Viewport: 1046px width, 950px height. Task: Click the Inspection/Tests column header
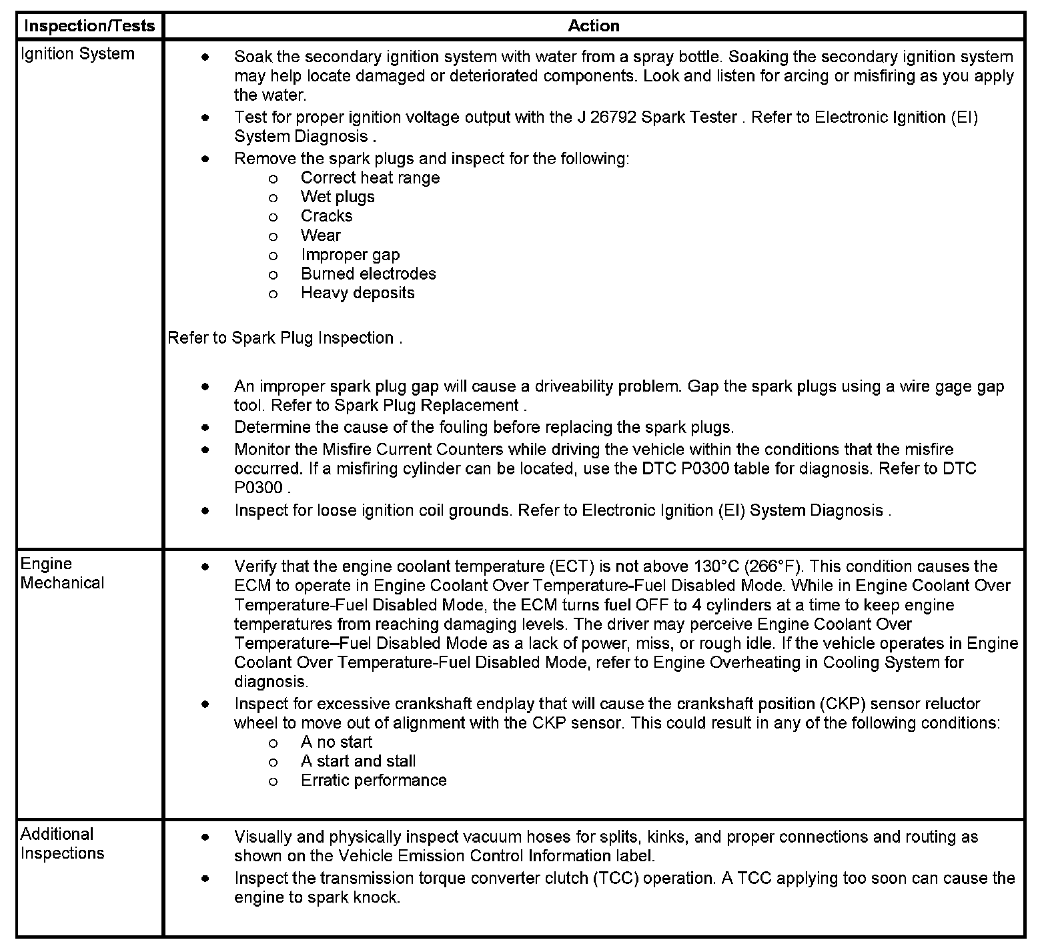click(89, 26)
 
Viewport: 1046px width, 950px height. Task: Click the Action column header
click(593, 26)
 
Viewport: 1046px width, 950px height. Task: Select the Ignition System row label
click(77, 54)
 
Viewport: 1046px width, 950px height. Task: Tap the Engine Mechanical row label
click(62, 573)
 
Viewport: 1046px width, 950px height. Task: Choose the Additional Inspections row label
click(62, 843)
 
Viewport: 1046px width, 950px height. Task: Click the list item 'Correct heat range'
click(370, 178)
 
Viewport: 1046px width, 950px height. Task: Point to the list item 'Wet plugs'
click(338, 197)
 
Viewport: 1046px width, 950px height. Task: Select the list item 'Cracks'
click(326, 216)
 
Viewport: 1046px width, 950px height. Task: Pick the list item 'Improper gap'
click(350, 255)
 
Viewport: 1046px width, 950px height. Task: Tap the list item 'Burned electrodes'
click(368, 274)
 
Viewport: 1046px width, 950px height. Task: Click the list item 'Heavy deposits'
click(358, 294)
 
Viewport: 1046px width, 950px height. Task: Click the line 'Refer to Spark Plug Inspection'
click(284, 338)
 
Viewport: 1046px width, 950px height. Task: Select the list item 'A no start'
click(336, 743)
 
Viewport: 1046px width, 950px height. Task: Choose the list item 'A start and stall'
click(358, 762)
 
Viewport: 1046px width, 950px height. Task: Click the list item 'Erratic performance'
click(374, 781)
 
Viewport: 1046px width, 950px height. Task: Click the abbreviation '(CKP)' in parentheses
click(843, 704)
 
